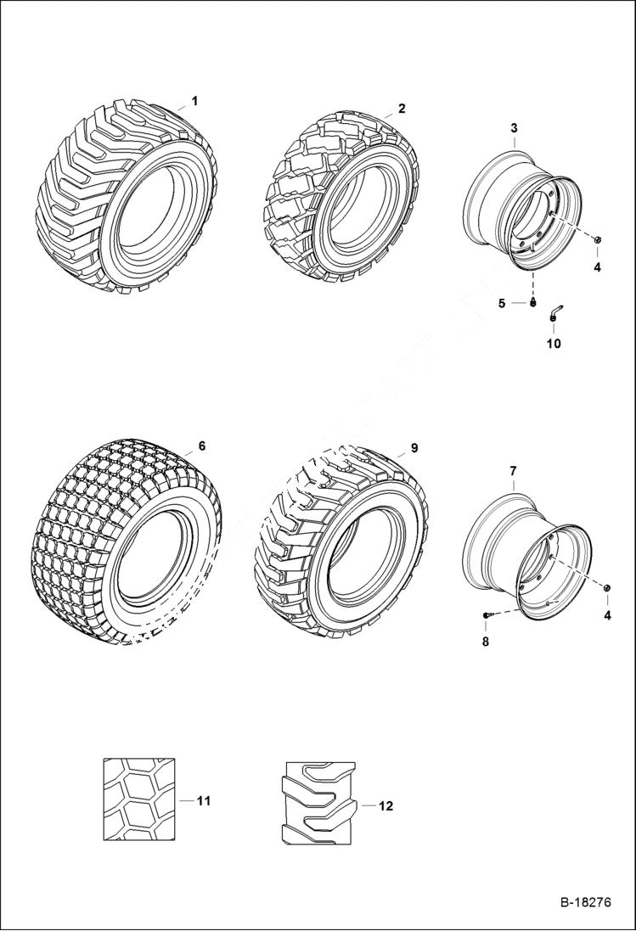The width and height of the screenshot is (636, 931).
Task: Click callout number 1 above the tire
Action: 194,101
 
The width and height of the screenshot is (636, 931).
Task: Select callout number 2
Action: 402,109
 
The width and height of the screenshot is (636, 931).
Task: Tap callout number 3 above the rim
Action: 514,127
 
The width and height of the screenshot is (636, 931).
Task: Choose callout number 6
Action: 201,445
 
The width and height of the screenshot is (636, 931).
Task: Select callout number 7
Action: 513,470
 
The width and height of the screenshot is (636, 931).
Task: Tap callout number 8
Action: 486,642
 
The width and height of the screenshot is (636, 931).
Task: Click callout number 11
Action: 204,800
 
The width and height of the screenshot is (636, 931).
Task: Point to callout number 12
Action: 386,806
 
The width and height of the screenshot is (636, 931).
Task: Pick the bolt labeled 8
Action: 487,614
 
